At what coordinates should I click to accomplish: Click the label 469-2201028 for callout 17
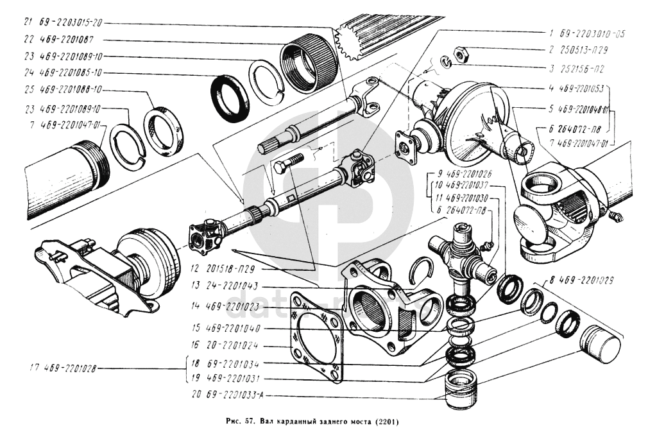[71, 368]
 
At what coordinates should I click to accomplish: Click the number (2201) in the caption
[384, 423]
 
